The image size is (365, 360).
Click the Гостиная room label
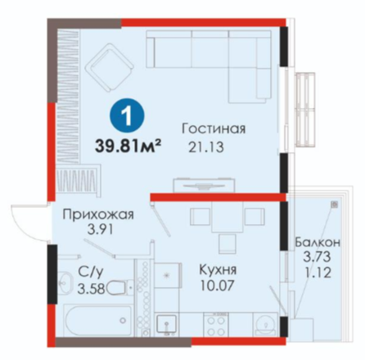(x=214, y=128)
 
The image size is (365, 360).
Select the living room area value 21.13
(x=206, y=147)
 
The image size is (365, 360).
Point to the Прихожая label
(x=98, y=215)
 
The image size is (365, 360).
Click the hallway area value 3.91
(x=100, y=230)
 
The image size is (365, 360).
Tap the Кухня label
(x=218, y=270)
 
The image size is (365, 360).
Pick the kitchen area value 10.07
(x=218, y=286)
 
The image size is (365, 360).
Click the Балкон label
(x=318, y=241)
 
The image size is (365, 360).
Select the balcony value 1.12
(x=318, y=272)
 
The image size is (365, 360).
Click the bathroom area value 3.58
(x=91, y=289)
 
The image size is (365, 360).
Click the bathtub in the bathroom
(x=97, y=320)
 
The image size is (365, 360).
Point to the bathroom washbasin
(x=64, y=282)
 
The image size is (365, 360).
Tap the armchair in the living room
(x=110, y=68)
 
